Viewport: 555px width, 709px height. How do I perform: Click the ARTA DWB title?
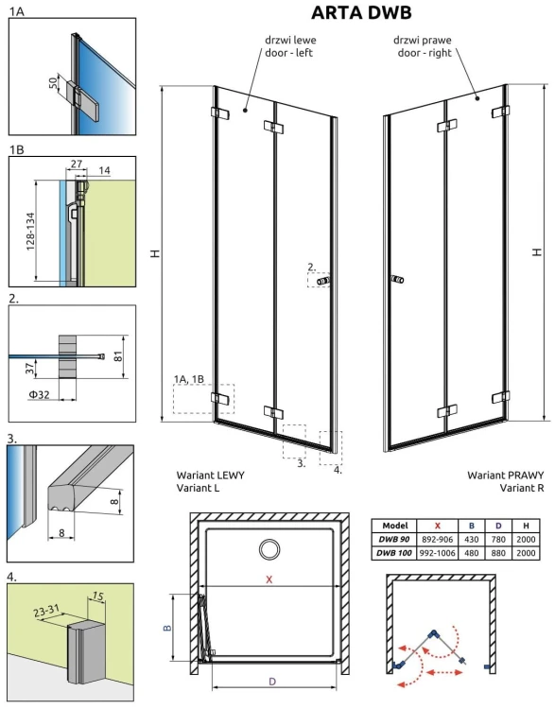tap(361, 12)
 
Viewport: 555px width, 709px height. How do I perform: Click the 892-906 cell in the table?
tap(437, 540)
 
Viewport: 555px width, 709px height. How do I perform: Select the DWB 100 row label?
tap(394, 553)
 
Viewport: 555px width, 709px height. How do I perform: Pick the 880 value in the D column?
tap(498, 553)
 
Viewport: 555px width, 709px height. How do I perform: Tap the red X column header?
tap(437, 526)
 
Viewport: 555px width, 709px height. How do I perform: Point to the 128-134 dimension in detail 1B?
tap(30, 232)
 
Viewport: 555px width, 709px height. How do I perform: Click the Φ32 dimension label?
tap(39, 395)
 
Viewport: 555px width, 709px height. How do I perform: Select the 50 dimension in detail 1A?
tap(53, 83)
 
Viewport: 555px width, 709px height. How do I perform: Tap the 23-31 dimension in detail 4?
tap(46, 612)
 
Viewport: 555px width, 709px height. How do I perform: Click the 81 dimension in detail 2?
tap(118, 356)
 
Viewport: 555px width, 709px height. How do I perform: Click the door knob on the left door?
tap(323, 281)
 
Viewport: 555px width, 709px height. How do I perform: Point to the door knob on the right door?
tap(397, 280)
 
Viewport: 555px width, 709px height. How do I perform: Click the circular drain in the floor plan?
tap(270, 549)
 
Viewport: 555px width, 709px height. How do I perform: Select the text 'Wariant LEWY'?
tap(210, 476)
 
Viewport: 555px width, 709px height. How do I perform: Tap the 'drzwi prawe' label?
tap(422, 40)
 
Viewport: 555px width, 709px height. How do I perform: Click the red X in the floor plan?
tap(269, 579)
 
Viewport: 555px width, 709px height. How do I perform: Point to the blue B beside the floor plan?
tap(167, 628)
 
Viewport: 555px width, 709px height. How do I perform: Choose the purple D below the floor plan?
tap(272, 681)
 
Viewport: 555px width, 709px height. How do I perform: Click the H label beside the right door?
tap(537, 251)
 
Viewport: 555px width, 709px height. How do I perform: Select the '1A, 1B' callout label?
tap(189, 379)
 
